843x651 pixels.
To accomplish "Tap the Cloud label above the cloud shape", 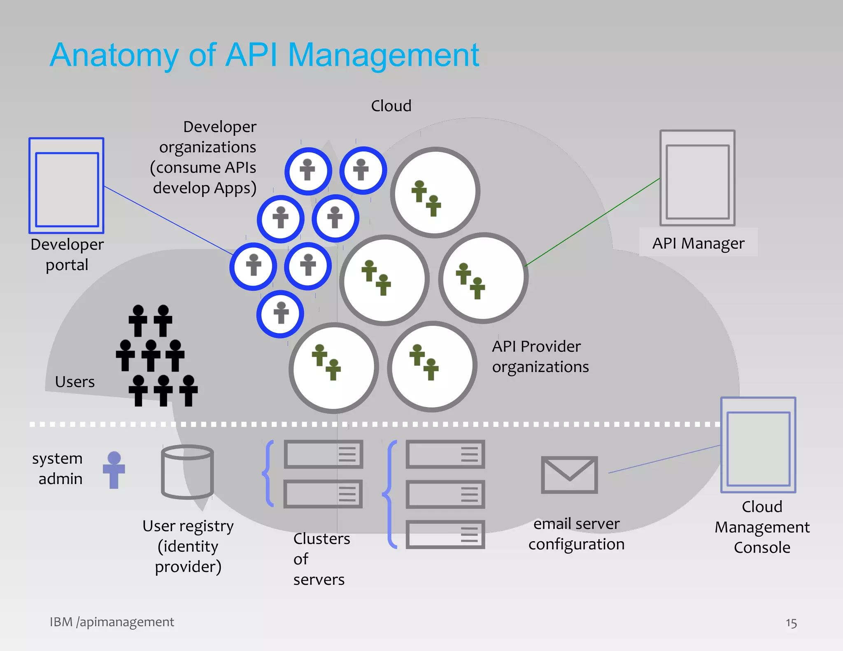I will (x=391, y=106).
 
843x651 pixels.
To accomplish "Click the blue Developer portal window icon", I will (x=66, y=186).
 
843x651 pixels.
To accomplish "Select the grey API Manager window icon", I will (x=697, y=178).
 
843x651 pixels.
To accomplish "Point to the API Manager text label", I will (x=698, y=243).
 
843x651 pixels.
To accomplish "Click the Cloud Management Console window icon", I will (x=758, y=445).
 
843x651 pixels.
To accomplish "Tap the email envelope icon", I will (x=569, y=475).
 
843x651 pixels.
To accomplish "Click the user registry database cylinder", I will (x=187, y=472).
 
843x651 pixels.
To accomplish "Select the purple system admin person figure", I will (x=114, y=470).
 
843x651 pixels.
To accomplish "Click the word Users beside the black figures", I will (x=75, y=382).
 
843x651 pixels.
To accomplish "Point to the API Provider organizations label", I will (x=540, y=356).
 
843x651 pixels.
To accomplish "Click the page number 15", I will (x=791, y=623).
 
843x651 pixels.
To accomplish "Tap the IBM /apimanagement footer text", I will (x=112, y=622).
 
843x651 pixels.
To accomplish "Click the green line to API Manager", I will (x=593, y=222).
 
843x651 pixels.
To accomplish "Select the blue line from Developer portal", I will (x=169, y=220).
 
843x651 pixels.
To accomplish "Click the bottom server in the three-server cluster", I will (x=445, y=534).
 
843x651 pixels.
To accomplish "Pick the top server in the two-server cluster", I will (x=323, y=454).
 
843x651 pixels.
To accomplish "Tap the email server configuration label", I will (x=576, y=534).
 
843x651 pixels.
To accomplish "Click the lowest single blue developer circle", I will (x=280, y=314).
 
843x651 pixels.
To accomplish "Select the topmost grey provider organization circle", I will (x=435, y=192).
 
